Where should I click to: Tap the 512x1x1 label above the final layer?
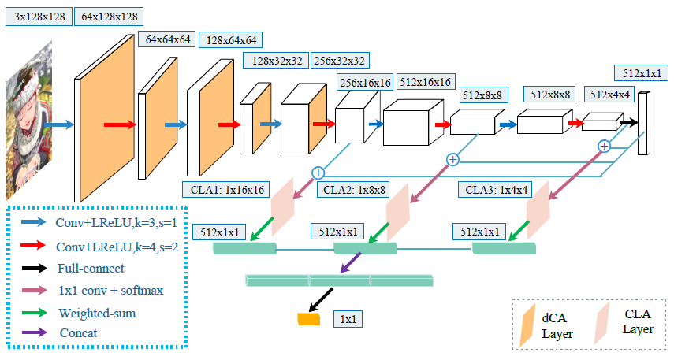[640, 73]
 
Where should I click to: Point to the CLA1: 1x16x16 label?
[225, 189]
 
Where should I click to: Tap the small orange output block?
[308, 319]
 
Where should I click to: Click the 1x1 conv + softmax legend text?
[111, 290]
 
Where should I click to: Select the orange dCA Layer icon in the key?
[526, 323]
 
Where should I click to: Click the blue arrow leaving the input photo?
[59, 124]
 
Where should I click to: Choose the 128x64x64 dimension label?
[232, 40]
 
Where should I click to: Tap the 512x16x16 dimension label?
[426, 81]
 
